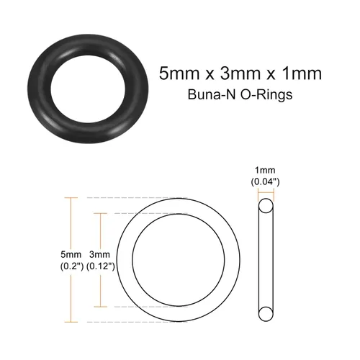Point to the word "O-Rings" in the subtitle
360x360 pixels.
pyautogui.click(x=266, y=94)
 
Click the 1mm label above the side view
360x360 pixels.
pyautogui.click(x=265, y=171)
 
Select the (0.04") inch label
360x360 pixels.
pyautogui.click(x=265, y=182)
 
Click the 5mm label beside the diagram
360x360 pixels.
pyautogui.click(x=71, y=254)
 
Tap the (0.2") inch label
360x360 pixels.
pyautogui.click(x=72, y=266)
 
